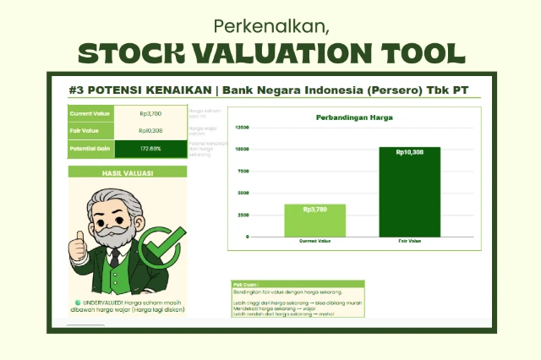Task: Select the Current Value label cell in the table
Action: tap(90, 112)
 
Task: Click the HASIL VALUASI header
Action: tap(126, 172)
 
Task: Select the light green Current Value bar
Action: tap(314, 221)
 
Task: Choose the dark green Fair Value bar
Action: tap(409, 192)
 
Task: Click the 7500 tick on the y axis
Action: tap(243, 172)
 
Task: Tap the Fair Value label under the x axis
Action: tap(409, 242)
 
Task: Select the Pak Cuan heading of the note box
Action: tap(246, 285)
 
